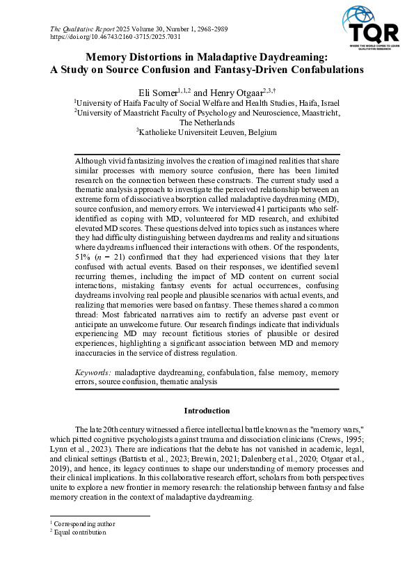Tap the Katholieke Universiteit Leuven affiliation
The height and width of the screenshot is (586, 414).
(207, 132)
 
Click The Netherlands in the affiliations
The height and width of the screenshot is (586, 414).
(207, 122)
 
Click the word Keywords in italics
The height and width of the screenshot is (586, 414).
(93, 372)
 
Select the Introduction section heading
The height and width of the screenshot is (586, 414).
(207, 411)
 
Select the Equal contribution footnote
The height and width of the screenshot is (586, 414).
(80, 532)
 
